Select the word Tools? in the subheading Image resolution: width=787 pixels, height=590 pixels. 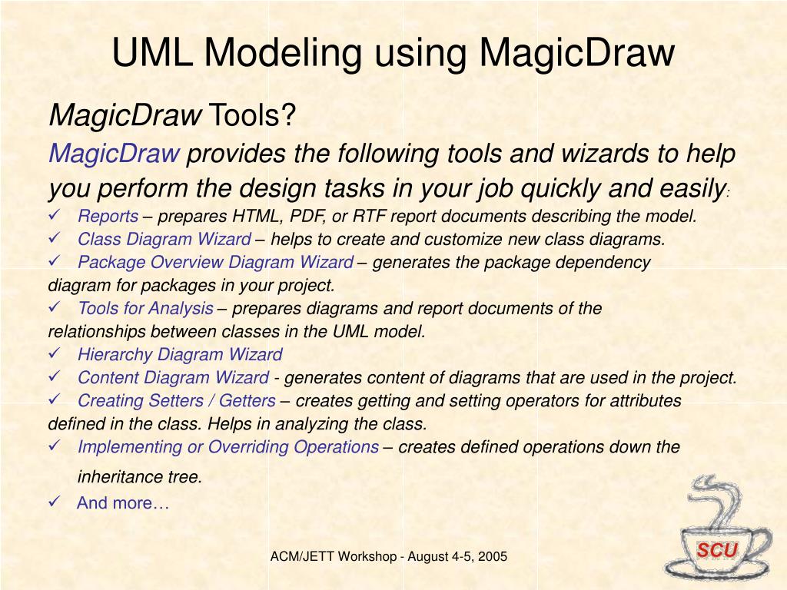[253, 116]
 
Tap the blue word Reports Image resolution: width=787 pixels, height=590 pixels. [108, 217]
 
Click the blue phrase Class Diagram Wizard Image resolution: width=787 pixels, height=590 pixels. [164, 240]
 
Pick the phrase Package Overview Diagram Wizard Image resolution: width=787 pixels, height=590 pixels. [216, 263]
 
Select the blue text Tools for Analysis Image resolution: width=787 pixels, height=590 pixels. [145, 309]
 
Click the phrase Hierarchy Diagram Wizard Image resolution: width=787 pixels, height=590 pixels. [180, 355]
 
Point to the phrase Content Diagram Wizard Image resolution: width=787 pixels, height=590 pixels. [173, 378]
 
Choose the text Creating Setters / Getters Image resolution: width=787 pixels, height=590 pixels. [176, 401]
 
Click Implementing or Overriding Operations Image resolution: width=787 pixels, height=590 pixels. [227, 447]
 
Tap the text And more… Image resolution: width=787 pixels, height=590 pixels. [122, 504]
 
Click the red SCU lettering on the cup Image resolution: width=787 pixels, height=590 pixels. [717, 550]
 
